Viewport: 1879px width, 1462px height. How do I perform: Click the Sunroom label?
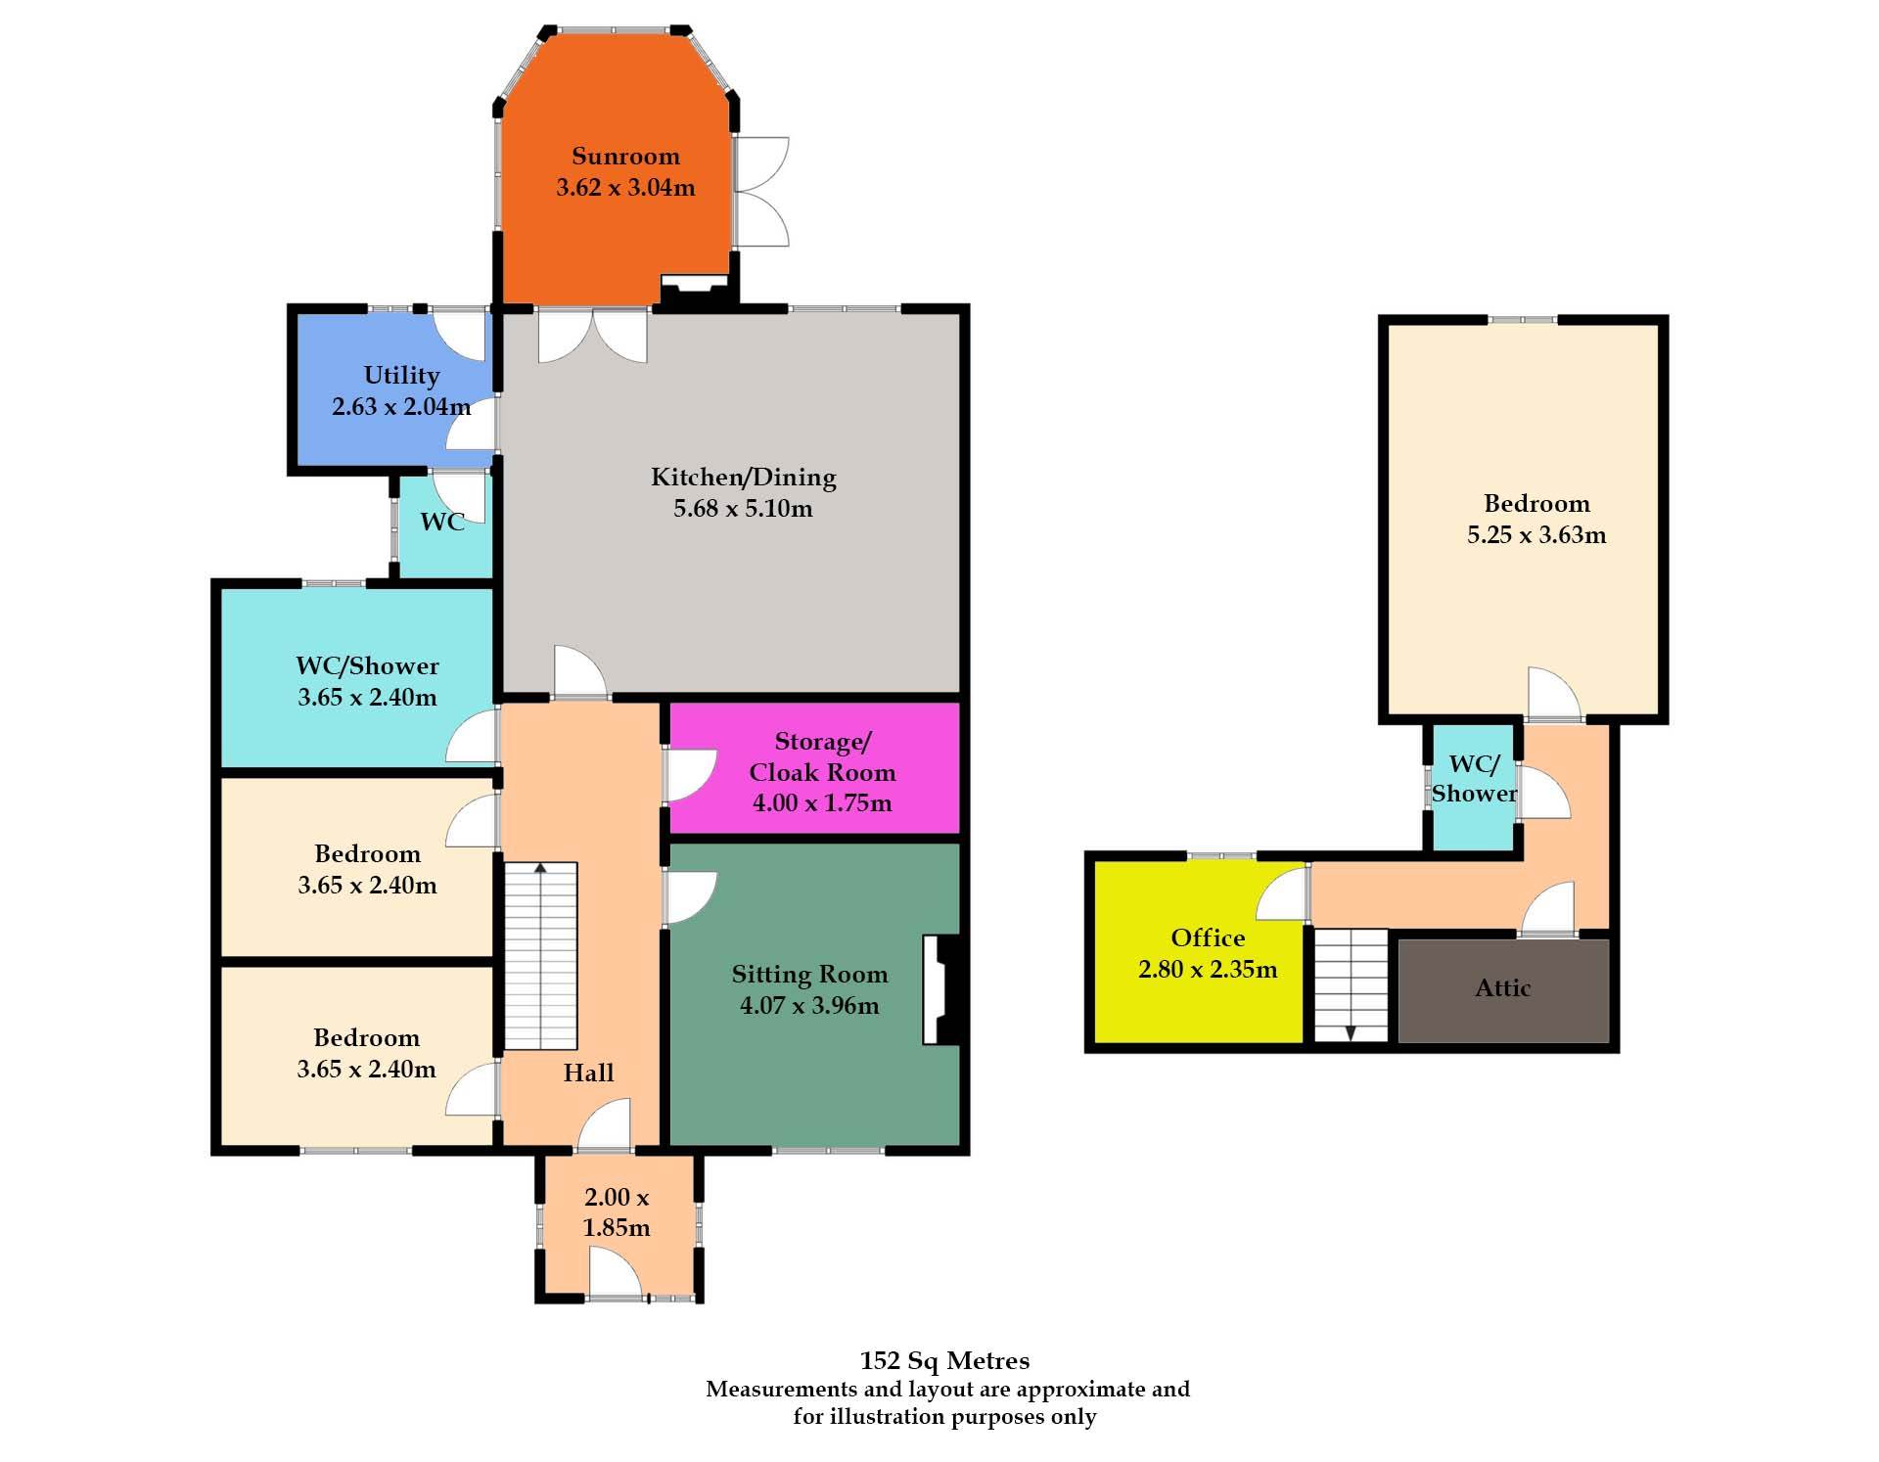click(625, 157)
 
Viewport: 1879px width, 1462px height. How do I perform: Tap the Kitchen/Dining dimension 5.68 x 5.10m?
click(743, 509)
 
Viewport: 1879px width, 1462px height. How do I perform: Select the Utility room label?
click(401, 376)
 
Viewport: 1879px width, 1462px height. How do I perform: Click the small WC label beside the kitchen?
click(442, 522)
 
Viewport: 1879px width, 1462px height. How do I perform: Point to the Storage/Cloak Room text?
click(822, 757)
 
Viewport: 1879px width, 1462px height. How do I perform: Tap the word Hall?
click(588, 1074)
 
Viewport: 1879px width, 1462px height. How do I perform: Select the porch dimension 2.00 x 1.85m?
click(617, 1212)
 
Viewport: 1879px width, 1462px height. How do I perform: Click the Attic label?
click(1503, 988)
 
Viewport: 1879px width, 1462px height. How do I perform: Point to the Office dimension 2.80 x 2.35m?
click(1208, 970)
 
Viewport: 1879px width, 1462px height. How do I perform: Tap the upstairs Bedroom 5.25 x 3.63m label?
click(1536, 520)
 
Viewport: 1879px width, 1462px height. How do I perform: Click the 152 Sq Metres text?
click(944, 1361)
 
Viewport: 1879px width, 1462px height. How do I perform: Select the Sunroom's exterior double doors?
click(761, 192)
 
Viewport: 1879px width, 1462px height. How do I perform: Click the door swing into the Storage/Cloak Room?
click(691, 777)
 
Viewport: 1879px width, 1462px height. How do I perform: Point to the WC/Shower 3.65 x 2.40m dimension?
click(367, 698)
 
